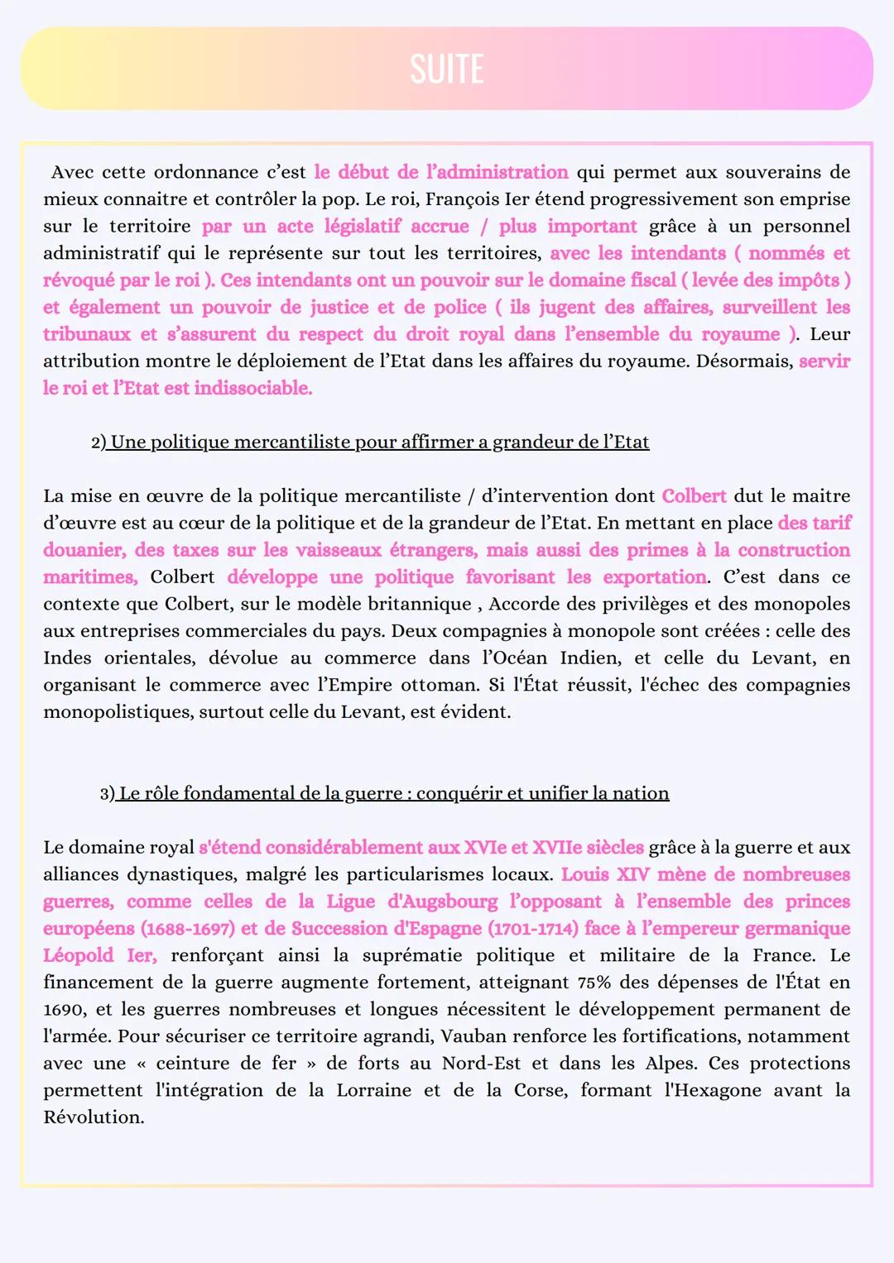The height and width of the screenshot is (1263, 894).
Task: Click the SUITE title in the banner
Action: (446, 69)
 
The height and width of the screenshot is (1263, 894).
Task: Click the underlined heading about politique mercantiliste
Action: (379, 442)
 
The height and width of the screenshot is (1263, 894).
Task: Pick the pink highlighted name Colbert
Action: (694, 496)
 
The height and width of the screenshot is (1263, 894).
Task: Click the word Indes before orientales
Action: (68, 658)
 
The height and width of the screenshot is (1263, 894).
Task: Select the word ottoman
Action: (438, 685)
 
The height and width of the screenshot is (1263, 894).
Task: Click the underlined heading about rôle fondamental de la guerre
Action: (393, 793)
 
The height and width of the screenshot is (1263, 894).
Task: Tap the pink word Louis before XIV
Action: (584, 874)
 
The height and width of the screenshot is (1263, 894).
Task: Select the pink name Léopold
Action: (79, 955)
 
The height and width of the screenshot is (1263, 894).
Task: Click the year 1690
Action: (64, 1010)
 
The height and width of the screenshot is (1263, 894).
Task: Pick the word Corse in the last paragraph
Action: (539, 1090)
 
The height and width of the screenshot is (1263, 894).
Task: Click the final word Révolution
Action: (94, 1117)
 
